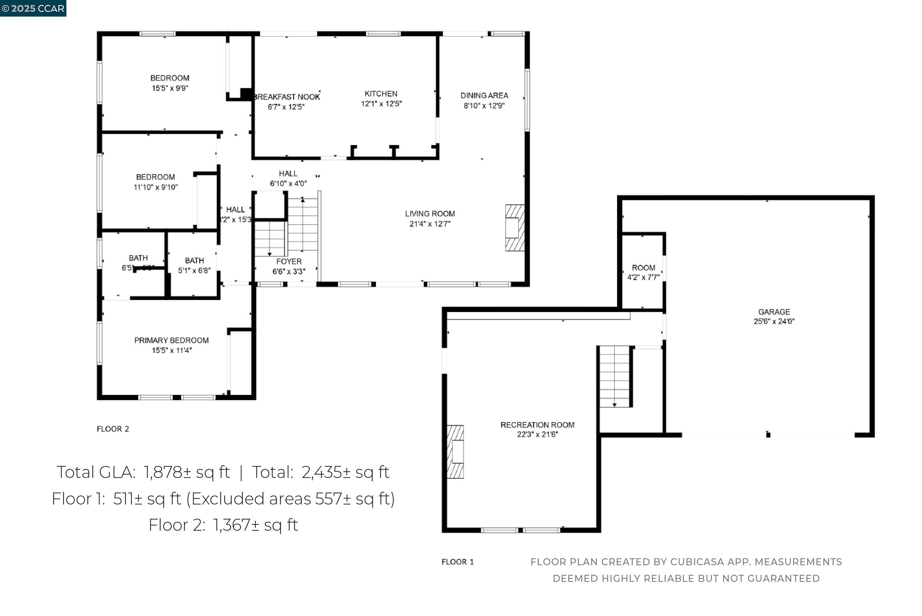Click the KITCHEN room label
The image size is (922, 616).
381,94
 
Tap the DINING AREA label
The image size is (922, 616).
484,96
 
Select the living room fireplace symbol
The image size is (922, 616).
514,228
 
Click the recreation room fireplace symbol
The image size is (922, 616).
455,451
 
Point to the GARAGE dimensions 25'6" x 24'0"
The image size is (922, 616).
774,321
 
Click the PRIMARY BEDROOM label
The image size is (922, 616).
171,340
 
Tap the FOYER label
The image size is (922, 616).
289,262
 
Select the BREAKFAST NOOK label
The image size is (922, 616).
287,97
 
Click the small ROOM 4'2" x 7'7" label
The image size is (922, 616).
643,268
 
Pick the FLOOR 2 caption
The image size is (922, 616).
113,429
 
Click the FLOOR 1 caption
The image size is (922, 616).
457,562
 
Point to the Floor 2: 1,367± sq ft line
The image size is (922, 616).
223,525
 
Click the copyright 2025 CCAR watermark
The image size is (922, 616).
33,8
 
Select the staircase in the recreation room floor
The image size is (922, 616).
614,376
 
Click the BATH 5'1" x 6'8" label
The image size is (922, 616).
194,261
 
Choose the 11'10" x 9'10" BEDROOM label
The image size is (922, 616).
155,177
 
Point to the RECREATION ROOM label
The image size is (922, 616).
537,425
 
